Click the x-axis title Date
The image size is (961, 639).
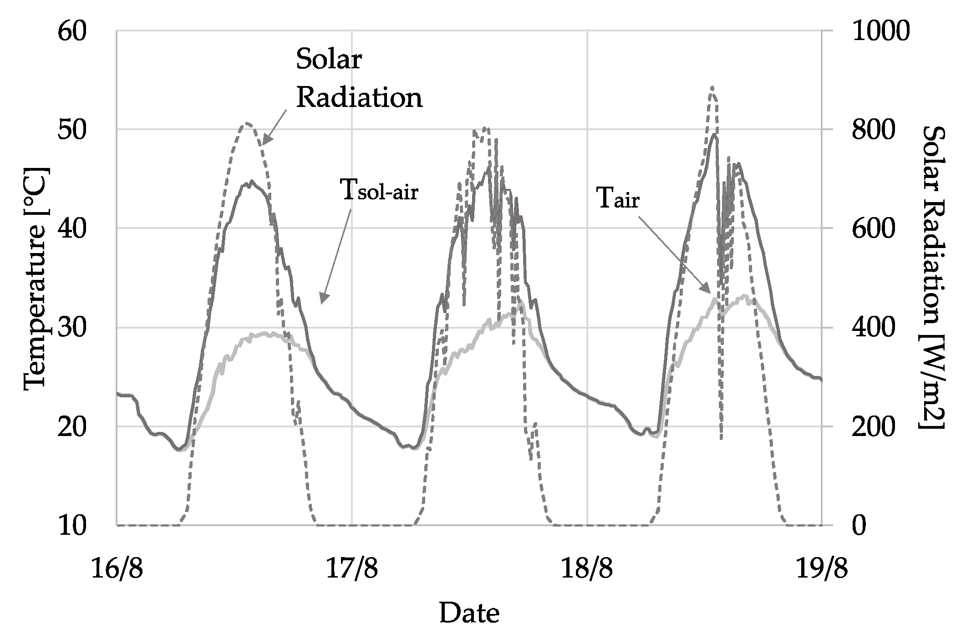click(x=469, y=614)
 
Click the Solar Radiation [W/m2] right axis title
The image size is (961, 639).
click(x=933, y=278)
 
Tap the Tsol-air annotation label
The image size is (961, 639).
click(x=379, y=191)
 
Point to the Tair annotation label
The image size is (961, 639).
click(x=618, y=200)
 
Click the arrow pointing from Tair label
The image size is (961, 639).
click(x=674, y=255)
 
